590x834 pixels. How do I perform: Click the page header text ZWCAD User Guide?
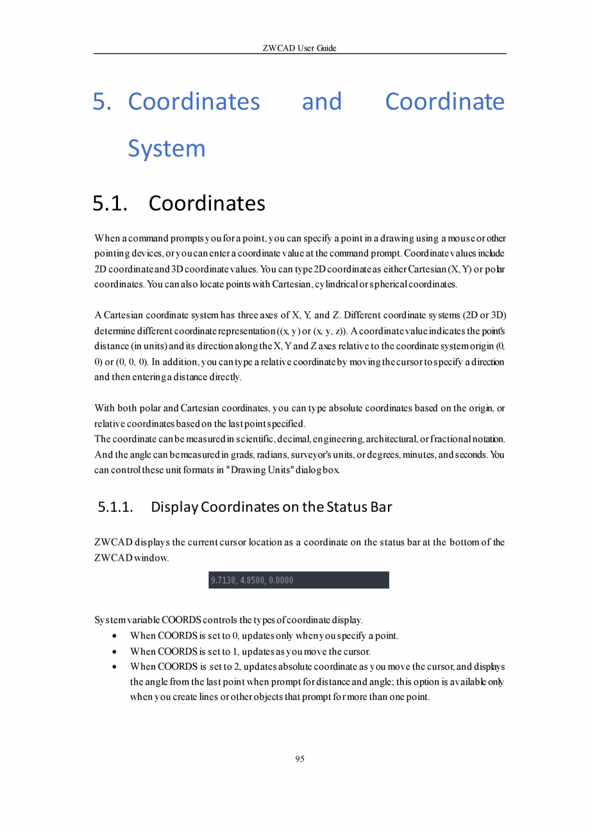pyautogui.click(x=299, y=48)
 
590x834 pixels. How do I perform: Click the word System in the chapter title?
pyautogui.click(x=167, y=148)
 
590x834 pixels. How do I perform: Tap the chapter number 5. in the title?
pyautogui.click(x=102, y=101)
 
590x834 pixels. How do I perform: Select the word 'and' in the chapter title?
pyautogui.click(x=322, y=101)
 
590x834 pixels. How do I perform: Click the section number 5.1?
pyautogui.click(x=110, y=203)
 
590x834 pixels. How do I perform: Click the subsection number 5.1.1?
pyautogui.click(x=115, y=507)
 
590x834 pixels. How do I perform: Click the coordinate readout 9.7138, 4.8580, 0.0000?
pyautogui.click(x=252, y=580)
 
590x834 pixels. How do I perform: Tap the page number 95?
pyautogui.click(x=299, y=759)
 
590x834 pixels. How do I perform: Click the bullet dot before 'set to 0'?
pyautogui.click(x=114, y=636)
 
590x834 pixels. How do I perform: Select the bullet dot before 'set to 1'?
pyautogui.click(x=114, y=652)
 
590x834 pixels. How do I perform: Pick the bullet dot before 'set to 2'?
pyautogui.click(x=114, y=667)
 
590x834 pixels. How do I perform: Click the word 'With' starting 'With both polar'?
pyautogui.click(x=105, y=408)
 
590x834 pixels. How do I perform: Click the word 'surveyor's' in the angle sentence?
pyautogui.click(x=347, y=455)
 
